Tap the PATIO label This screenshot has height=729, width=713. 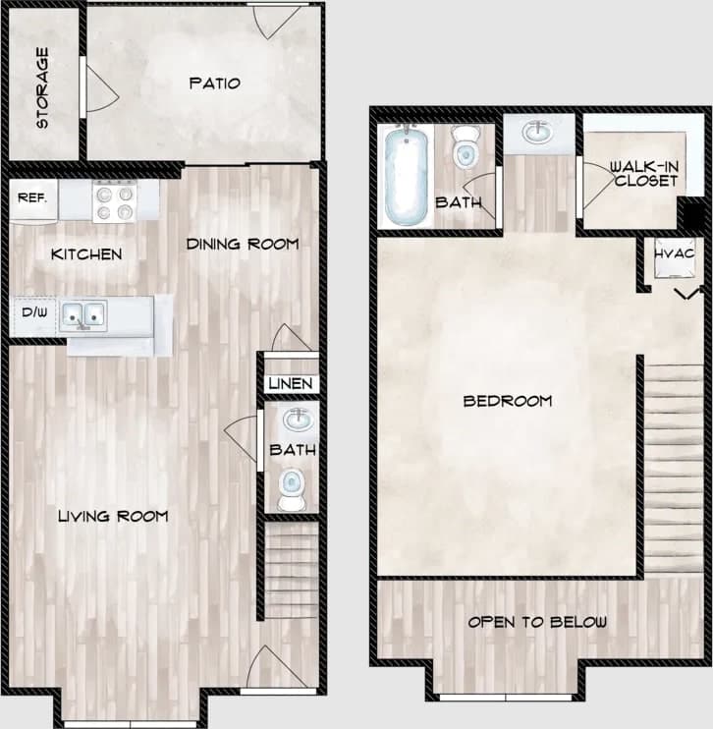(214, 84)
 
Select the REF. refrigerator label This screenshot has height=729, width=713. (28, 197)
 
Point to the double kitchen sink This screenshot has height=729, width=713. (83, 315)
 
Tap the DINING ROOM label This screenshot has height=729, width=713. (242, 244)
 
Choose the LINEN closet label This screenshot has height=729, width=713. (291, 383)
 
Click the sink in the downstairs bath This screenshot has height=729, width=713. (295, 421)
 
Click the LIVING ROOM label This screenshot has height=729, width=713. (112, 516)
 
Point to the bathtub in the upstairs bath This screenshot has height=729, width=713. (404, 175)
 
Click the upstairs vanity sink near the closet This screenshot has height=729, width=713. (536, 131)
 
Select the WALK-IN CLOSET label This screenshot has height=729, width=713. (643, 173)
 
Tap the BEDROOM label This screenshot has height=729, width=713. (507, 401)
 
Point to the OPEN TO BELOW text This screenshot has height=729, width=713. (536, 622)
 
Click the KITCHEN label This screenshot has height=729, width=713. (86, 254)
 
